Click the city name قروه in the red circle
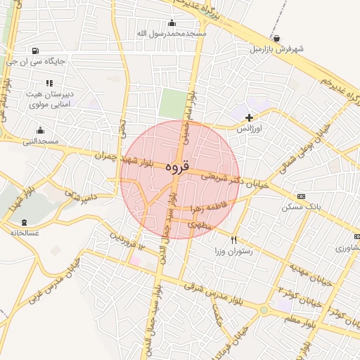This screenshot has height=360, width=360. click(176, 168)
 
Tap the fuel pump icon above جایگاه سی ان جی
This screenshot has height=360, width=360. click(36, 51)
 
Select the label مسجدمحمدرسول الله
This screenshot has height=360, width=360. click(172, 34)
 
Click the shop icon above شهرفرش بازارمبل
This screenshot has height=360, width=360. click(280, 38)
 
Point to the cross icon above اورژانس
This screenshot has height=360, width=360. click(250, 117)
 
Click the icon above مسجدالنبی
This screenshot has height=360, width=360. click(40, 130)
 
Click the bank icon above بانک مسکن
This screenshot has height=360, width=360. click(302, 195)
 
